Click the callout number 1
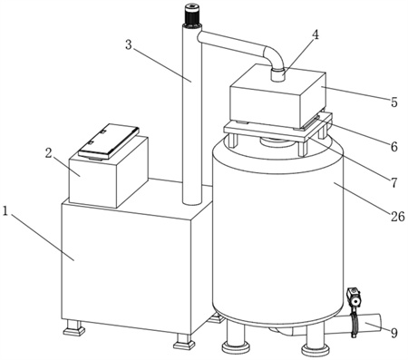coord(5,211)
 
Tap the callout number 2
coord(48,153)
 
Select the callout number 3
coord(129,45)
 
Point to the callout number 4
coord(316,35)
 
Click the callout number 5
coord(394,102)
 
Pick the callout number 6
coord(394,147)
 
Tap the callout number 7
coord(393,182)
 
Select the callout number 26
coord(397,217)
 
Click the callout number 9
coord(393,333)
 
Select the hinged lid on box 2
coord(109,141)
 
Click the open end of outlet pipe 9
coord(377,323)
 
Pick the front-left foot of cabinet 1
coord(74,327)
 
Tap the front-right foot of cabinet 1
coord(184,341)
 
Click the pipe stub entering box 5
coord(277,74)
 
